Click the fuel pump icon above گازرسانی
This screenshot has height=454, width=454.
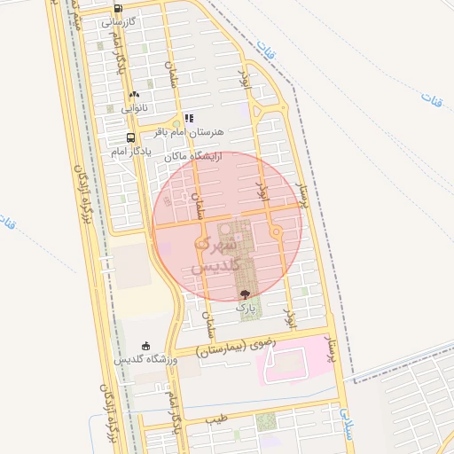[x=118, y=9]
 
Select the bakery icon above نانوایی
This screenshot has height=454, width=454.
[x=134, y=94]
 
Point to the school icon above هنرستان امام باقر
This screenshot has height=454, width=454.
[x=189, y=118]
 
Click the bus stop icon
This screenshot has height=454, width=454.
[x=130, y=138]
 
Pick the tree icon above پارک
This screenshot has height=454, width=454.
[x=245, y=292]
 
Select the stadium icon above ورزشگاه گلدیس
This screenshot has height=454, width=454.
[x=146, y=345]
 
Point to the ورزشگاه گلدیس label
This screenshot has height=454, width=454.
[x=146, y=359]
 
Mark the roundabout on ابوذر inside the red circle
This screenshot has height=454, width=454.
[x=276, y=231]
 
